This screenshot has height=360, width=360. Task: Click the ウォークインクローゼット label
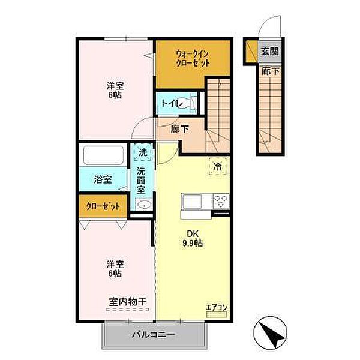click(193, 59)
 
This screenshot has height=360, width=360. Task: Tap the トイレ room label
click(172, 103)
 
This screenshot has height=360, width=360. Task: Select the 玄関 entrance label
click(270, 51)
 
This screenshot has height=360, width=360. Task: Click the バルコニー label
click(154, 335)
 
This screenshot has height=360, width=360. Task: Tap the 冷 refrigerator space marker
click(218, 166)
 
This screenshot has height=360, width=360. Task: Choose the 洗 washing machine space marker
click(143, 152)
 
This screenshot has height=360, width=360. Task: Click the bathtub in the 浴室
click(104, 155)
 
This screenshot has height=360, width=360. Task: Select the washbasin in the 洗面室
click(144, 204)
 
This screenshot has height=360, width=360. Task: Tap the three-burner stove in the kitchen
click(221, 201)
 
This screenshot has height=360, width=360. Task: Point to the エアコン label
click(217, 307)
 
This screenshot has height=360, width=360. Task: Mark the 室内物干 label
click(128, 301)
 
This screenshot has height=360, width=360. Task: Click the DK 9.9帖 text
click(193, 238)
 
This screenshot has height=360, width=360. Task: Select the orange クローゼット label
click(103, 206)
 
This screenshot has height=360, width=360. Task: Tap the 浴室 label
click(103, 179)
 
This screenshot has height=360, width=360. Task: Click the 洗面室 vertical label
click(141, 180)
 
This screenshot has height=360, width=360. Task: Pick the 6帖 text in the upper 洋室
click(115, 95)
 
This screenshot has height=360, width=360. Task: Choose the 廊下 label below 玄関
click(270, 71)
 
